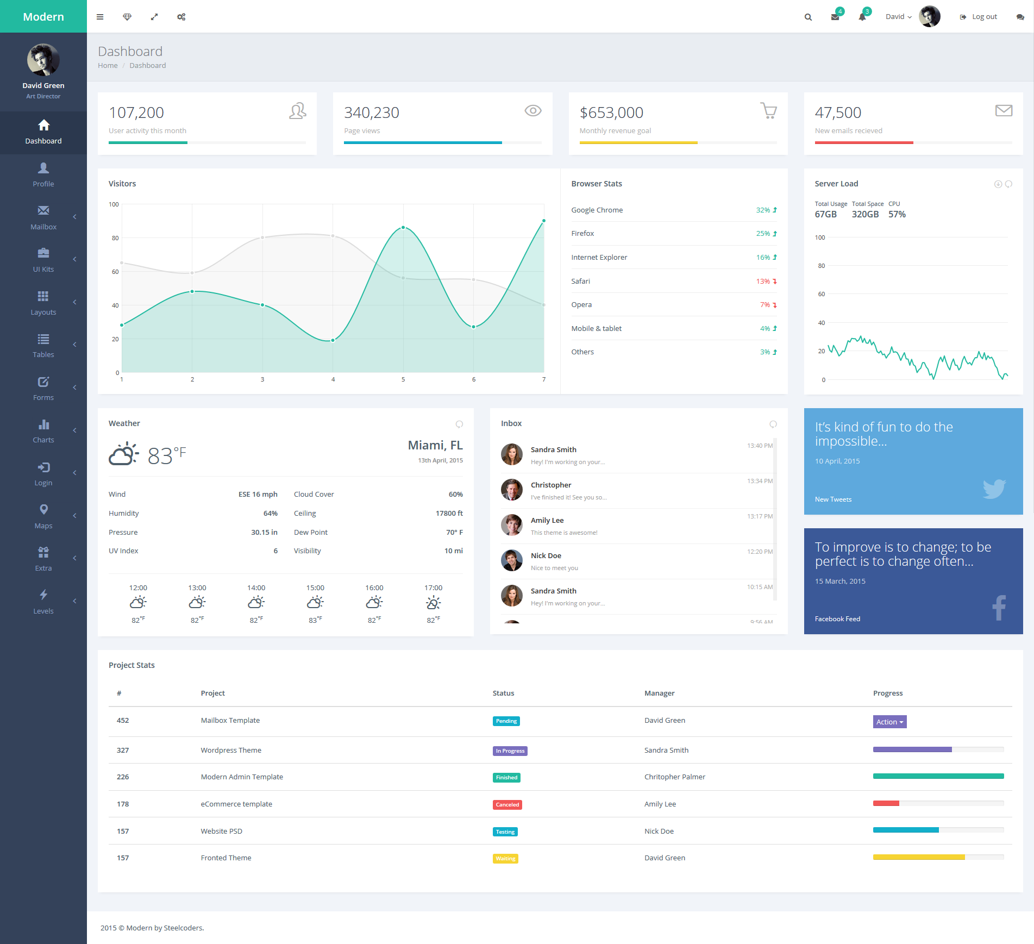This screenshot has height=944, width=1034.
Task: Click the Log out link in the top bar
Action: click(x=979, y=17)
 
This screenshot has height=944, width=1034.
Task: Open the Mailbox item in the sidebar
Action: click(x=43, y=218)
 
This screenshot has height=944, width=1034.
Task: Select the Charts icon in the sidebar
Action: click(x=43, y=424)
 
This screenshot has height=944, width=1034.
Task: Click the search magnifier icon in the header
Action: click(x=808, y=17)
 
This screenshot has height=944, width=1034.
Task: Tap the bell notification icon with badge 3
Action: click(x=862, y=16)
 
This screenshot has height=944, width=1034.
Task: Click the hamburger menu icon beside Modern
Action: click(x=100, y=17)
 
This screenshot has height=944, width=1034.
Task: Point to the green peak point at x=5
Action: click(x=403, y=227)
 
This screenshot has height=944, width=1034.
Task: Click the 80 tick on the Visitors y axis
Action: click(x=115, y=238)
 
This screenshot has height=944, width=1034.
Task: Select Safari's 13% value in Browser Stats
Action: click(x=763, y=281)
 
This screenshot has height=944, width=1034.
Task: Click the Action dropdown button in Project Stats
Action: click(x=889, y=722)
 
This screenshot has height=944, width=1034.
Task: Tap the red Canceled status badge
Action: click(x=507, y=804)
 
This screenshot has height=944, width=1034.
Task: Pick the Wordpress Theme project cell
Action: click(x=231, y=750)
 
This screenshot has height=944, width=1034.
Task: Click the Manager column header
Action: click(x=659, y=693)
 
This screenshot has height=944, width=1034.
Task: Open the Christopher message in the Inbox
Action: click(x=551, y=485)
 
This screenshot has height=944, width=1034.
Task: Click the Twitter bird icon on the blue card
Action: click(x=994, y=489)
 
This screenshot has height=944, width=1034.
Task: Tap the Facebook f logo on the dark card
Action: click(x=999, y=608)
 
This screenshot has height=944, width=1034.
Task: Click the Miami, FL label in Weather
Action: click(x=435, y=446)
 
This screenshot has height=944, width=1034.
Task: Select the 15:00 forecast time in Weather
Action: click(x=315, y=587)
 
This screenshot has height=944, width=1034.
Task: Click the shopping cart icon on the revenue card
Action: click(x=768, y=111)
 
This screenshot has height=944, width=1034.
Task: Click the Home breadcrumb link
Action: click(x=108, y=65)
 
